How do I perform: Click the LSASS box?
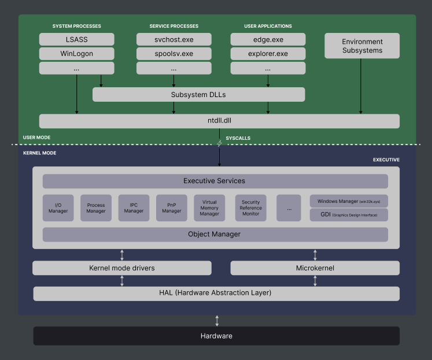(x=76, y=39)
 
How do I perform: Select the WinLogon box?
(x=76, y=54)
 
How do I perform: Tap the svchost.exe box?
(x=173, y=39)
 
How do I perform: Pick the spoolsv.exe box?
(x=173, y=54)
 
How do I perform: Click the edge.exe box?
(x=268, y=39)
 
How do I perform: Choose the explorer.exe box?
(x=268, y=54)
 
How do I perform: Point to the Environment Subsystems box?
(x=362, y=46)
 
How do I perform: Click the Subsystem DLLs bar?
(x=198, y=95)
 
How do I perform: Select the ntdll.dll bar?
(x=219, y=121)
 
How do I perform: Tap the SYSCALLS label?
(x=238, y=138)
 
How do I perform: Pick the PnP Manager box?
(x=171, y=208)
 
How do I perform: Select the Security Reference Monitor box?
(x=250, y=208)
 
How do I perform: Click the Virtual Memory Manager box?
(x=209, y=208)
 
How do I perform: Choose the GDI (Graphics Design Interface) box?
(x=349, y=215)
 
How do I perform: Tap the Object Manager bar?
(x=215, y=235)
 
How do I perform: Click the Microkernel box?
(x=315, y=268)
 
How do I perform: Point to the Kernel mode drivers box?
(x=121, y=268)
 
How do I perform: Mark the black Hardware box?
(x=216, y=336)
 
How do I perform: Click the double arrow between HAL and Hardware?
(x=217, y=321)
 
